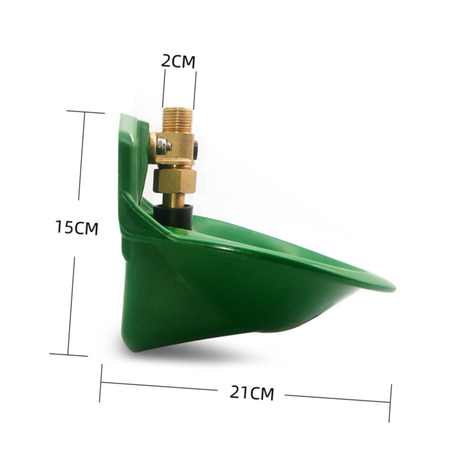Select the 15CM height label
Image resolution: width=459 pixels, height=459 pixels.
coord(77,228)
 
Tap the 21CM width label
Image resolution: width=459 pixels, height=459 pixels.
coord(252,392)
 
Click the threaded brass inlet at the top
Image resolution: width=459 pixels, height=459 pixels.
coord(177,119)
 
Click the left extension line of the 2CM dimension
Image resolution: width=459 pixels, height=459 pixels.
coord(163,88)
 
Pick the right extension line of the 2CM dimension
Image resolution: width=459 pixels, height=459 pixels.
coord(195,89)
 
